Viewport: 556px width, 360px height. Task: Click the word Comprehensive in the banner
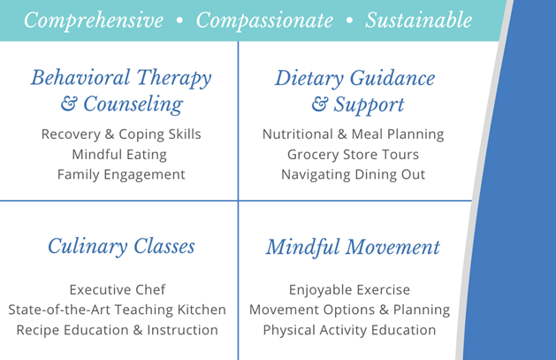(94, 20)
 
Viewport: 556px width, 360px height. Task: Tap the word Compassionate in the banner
(264, 20)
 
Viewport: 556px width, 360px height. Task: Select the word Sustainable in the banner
(419, 19)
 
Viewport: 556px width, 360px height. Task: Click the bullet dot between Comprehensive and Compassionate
(179, 20)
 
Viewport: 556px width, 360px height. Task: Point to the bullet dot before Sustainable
(349, 20)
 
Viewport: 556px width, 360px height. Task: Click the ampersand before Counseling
(69, 103)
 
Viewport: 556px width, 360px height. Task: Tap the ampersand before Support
(320, 104)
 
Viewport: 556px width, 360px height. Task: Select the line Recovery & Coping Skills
(121, 134)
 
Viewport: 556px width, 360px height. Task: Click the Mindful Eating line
(119, 155)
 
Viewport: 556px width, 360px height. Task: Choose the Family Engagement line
(121, 174)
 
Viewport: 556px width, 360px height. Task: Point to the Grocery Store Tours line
(353, 155)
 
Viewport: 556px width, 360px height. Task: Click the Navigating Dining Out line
(353, 174)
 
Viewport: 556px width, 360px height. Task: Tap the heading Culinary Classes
(121, 247)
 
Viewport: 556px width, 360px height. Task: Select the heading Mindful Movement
(353, 247)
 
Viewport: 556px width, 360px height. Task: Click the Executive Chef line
(118, 290)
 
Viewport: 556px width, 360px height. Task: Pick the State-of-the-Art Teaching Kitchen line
(117, 310)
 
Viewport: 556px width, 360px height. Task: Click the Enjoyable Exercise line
(349, 290)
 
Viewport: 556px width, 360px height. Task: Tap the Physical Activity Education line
(349, 330)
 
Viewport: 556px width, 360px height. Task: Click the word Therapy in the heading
(174, 78)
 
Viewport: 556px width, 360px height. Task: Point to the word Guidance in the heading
(392, 78)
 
